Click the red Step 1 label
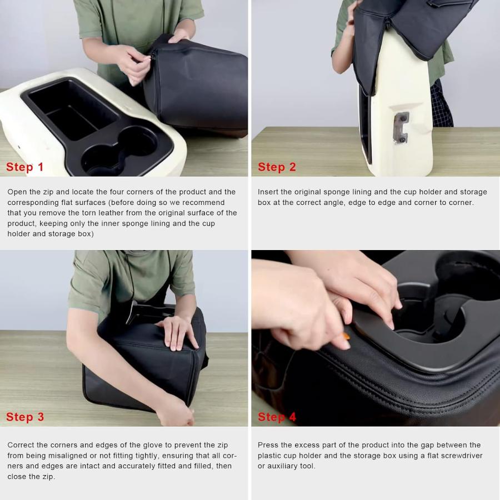[24, 167]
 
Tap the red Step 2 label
[277, 167]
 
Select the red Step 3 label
[25, 417]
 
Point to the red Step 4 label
[277, 417]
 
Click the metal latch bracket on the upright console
[401, 128]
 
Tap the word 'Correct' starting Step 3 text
[21, 445]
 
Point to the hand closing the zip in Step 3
[176, 411]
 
